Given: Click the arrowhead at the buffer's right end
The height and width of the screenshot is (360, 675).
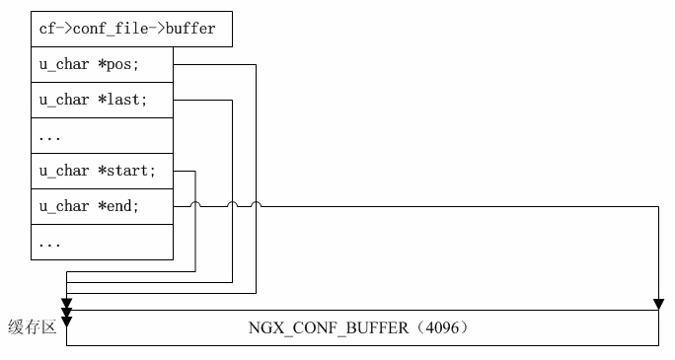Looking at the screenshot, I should click(658, 303).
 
